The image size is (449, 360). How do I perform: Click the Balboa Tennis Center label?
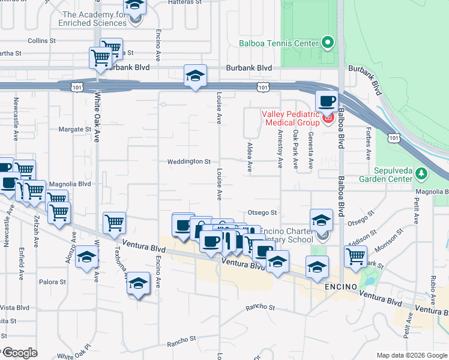(x=278, y=43)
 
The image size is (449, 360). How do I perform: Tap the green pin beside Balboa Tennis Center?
(x=327, y=43)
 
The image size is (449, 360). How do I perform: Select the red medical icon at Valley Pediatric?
(x=328, y=118)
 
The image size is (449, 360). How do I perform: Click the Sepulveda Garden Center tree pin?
(x=422, y=173)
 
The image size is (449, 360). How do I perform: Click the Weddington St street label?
(x=189, y=161)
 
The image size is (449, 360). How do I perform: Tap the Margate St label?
(x=74, y=129)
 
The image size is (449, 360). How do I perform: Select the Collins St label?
(x=41, y=41)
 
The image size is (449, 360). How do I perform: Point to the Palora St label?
(x=53, y=281)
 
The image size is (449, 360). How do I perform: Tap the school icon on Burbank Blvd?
(x=195, y=75)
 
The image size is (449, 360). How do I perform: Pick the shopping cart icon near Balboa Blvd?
(x=355, y=256)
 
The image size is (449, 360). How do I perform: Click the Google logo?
(x=19, y=352)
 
